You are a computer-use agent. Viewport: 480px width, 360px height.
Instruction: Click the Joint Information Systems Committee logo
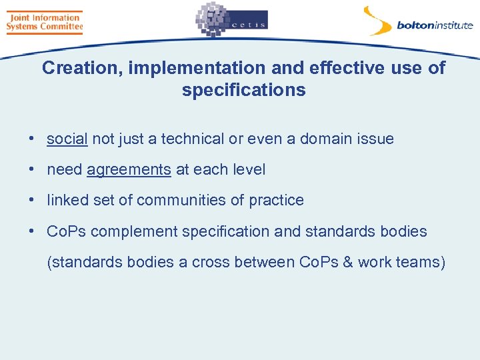(x=44, y=22)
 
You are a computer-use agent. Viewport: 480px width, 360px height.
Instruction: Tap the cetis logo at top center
(x=231, y=21)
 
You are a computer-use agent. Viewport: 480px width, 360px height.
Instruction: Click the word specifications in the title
(x=243, y=90)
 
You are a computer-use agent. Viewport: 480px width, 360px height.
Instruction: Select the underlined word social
(x=67, y=139)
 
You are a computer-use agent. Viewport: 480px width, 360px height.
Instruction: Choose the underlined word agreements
(x=129, y=169)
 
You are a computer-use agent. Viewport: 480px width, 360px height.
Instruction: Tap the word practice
(x=276, y=200)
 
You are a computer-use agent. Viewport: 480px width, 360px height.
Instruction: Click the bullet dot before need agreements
(x=31, y=169)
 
